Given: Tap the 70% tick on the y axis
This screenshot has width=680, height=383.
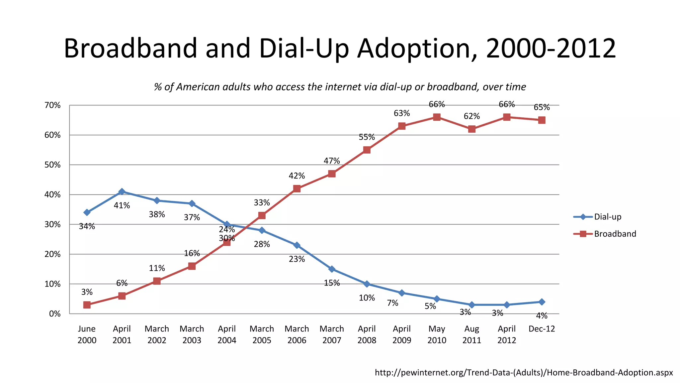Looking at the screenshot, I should tap(52, 105).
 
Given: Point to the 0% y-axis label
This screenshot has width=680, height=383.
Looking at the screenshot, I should tap(55, 314).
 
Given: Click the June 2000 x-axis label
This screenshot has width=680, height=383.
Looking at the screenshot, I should tap(87, 334).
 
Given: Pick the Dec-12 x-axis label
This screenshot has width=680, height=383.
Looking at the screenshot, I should tap(542, 329).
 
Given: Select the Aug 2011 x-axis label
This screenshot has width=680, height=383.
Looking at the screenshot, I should tap(471, 334).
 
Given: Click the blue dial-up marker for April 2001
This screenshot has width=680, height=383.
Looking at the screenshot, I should tap(122, 191).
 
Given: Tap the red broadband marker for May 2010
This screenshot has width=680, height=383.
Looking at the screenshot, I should tap(437, 117).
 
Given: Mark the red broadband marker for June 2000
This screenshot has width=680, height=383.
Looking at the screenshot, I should tap(87, 305).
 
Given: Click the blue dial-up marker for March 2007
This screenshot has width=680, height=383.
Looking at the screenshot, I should tap(332, 269).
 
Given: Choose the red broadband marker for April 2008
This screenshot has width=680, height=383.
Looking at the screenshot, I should tap(367, 150).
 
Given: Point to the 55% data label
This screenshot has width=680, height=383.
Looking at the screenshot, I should tap(367, 137).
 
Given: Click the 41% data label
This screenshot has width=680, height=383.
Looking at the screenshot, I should tap(122, 205).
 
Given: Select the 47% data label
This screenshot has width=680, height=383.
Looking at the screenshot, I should tap(332, 161).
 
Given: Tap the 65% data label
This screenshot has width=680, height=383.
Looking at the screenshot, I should tap(542, 107).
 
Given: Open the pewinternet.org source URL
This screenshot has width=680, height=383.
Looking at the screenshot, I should tap(524, 372).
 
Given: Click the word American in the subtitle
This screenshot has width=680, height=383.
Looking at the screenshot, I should tap(198, 87).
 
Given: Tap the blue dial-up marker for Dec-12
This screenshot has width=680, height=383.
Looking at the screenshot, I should tap(542, 302).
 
